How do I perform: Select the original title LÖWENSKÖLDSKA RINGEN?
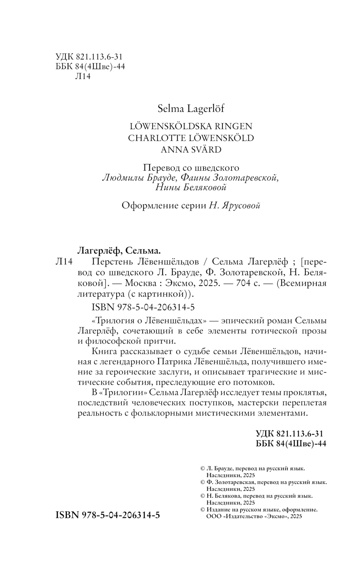coord(191,126)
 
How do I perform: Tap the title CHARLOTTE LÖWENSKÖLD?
coord(191,138)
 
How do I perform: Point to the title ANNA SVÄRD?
coord(191,149)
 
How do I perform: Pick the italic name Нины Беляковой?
coord(191,187)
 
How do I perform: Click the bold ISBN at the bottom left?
coord(108,515)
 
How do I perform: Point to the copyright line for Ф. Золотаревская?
coord(263,482)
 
